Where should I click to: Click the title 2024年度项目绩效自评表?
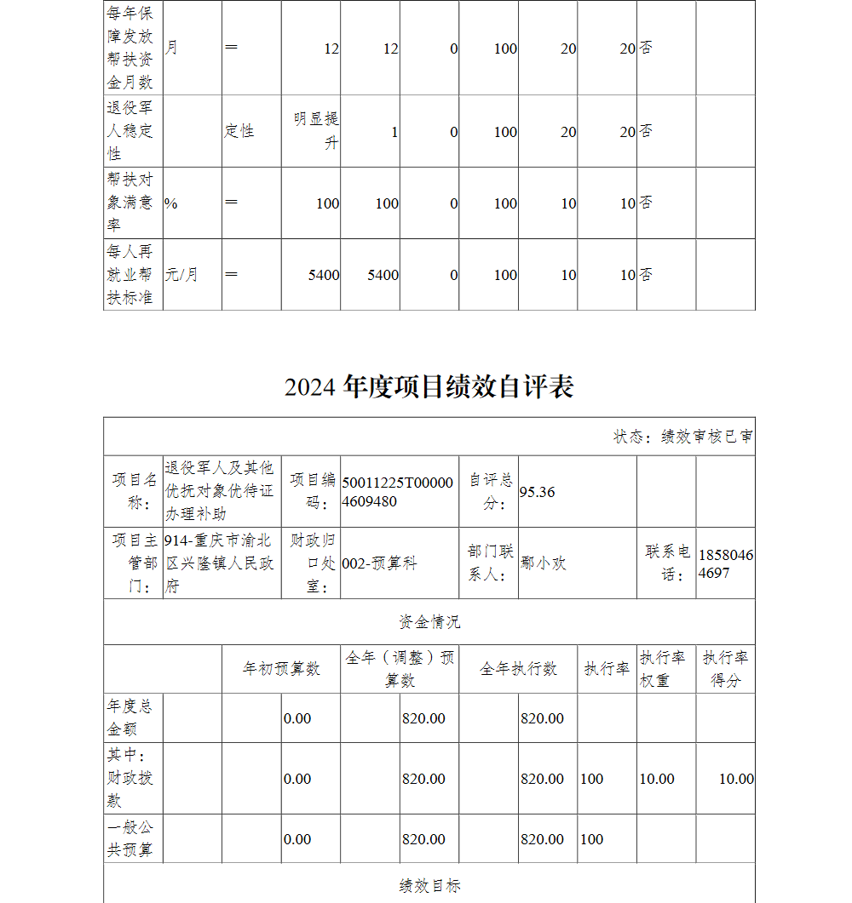point(429,386)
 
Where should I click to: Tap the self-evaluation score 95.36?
point(537,492)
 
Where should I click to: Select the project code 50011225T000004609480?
point(398,492)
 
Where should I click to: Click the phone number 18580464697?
point(725,563)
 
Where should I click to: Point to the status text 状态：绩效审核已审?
point(682,437)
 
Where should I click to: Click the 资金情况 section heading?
point(429,621)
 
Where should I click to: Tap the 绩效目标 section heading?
point(429,886)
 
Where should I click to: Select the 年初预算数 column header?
point(281,669)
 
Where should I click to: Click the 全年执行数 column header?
point(518,669)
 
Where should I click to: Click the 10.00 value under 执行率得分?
point(736,779)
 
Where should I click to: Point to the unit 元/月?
point(181,275)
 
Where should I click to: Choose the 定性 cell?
point(239,131)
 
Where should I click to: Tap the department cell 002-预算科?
point(379,563)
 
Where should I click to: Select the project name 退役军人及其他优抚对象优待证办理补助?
point(220,491)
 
